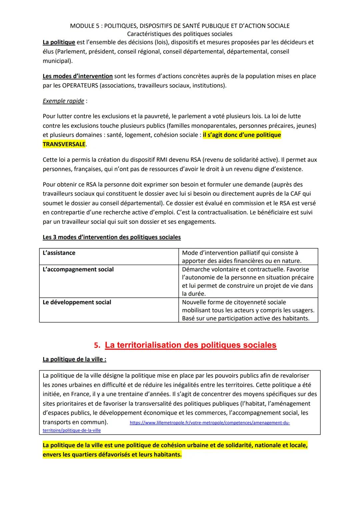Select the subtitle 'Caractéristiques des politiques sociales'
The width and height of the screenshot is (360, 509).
pyautogui.click(x=180, y=34)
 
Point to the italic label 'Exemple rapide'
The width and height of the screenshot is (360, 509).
pyautogui.click(x=63, y=101)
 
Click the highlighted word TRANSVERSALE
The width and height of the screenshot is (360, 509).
pyautogui.click(x=64, y=144)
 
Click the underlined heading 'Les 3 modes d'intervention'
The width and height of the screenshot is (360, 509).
pyautogui.click(x=111, y=237)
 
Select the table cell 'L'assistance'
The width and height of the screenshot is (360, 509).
pyautogui.click(x=59, y=253)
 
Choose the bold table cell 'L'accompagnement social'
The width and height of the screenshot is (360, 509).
pyautogui.click(x=78, y=269)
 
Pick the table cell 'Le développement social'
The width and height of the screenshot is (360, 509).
pyautogui.click(x=77, y=302)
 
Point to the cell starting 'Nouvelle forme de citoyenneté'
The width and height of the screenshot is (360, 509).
pyautogui.click(x=248, y=310)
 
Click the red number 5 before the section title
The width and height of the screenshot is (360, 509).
pyautogui.click(x=97, y=345)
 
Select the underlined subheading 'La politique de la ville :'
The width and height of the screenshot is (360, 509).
pyautogui.click(x=74, y=359)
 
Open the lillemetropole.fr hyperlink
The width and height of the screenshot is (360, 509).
pyautogui.click(x=209, y=423)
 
